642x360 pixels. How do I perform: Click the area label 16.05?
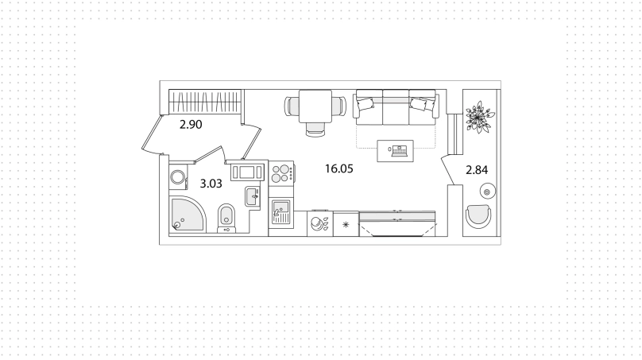338,168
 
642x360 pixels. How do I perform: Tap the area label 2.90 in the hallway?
191,124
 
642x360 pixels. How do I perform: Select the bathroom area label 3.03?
211,184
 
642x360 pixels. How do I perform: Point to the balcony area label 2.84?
477,169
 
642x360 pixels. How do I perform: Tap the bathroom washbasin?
253,196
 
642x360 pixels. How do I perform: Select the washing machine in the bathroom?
179,178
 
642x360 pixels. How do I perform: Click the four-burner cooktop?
281,173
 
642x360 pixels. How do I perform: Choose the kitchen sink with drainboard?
281,211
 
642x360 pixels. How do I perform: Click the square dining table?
315,106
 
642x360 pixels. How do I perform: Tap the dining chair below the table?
315,129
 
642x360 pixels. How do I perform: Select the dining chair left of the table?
292,106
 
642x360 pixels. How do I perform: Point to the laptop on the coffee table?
399,151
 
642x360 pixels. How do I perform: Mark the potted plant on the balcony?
479,117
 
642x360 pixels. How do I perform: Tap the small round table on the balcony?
487,192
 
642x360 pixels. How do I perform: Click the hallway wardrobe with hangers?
206,102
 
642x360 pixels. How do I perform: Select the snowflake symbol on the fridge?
346,224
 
